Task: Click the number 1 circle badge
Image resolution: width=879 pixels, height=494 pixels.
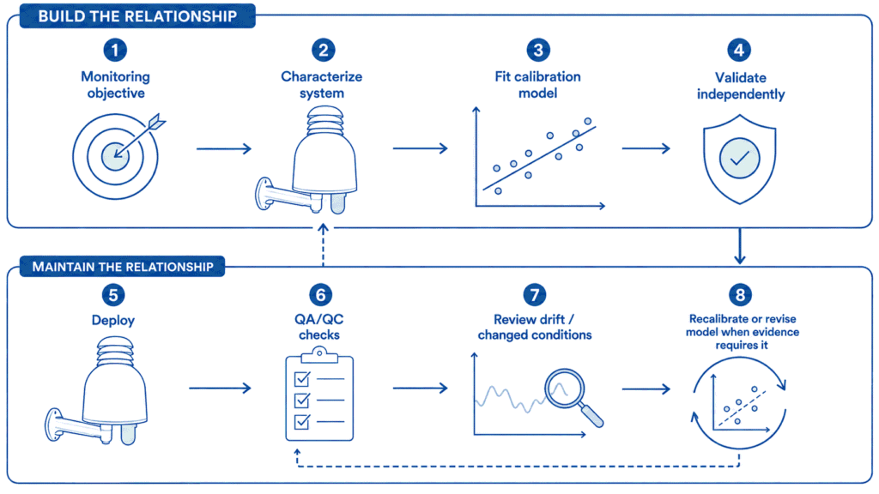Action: [x=115, y=50]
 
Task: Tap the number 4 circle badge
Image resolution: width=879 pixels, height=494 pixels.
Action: [x=739, y=50]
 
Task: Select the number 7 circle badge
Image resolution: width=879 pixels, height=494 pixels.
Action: [x=535, y=295]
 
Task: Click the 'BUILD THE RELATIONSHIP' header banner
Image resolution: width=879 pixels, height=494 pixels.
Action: [x=137, y=15]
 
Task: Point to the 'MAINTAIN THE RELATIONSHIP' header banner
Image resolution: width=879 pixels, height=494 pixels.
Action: [x=122, y=267]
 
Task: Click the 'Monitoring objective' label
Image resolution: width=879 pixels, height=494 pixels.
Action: [x=116, y=85]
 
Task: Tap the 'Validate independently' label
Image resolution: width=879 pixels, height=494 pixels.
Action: [x=741, y=86]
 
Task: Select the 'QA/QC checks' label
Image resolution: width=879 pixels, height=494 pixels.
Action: [x=319, y=327]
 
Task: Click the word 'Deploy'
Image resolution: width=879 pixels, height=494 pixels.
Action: [x=113, y=321]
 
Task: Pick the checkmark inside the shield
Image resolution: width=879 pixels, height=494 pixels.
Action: [x=739, y=159]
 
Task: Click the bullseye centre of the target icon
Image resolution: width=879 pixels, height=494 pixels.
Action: [x=115, y=156]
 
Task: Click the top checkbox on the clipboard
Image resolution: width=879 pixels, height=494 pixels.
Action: [x=302, y=379]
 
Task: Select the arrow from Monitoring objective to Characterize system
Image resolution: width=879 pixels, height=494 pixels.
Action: [x=224, y=148]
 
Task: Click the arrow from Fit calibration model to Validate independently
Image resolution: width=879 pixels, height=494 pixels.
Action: [x=646, y=148]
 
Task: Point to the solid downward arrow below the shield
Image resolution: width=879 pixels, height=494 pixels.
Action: [x=740, y=245]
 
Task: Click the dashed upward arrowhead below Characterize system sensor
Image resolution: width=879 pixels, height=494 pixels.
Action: [x=323, y=228]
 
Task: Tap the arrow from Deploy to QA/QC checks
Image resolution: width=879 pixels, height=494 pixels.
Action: [x=220, y=389]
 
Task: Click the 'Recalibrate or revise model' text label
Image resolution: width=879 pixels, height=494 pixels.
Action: [x=743, y=332]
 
